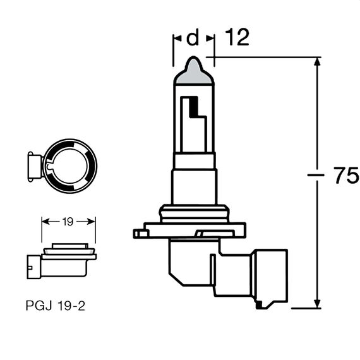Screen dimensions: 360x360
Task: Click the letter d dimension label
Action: click(193, 39)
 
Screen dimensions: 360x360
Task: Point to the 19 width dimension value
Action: click(69, 221)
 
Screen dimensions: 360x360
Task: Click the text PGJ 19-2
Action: click(56, 306)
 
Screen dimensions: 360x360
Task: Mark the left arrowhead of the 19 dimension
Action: click(45, 222)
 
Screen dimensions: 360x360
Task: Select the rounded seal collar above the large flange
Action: click(194, 213)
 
